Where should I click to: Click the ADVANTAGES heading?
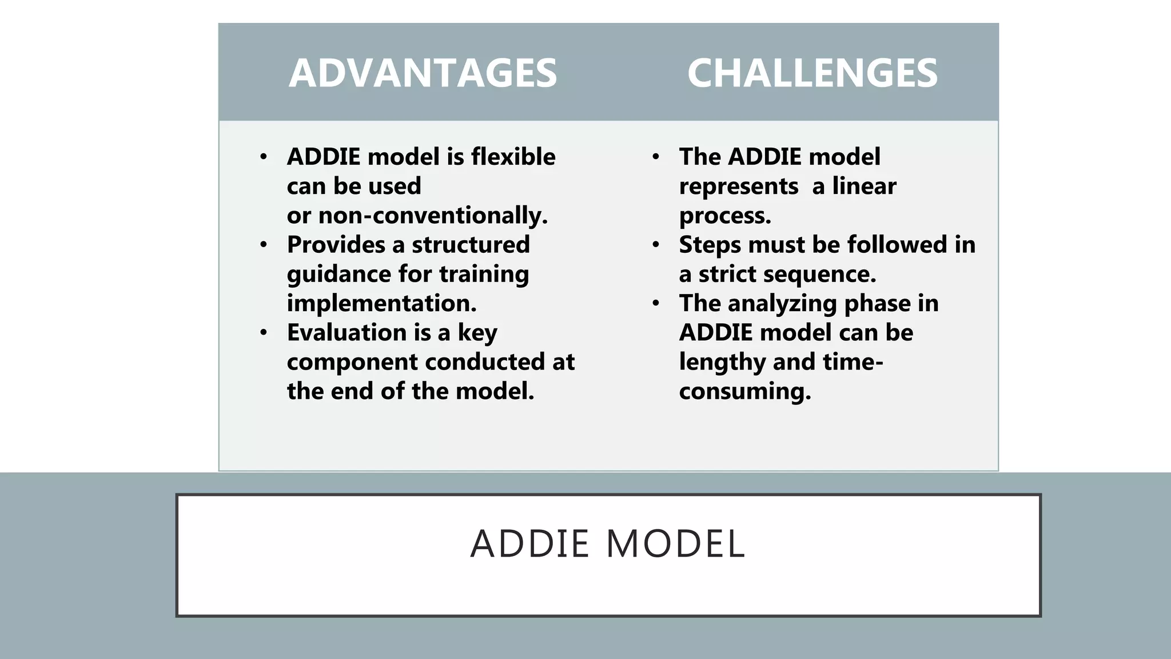(423, 73)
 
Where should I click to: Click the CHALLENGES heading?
(812, 73)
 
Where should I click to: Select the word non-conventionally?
(432, 216)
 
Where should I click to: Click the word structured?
(471, 245)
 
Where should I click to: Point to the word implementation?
(381, 303)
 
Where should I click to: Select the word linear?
(864, 186)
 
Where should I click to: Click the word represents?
(738, 186)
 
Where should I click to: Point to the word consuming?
(744, 391)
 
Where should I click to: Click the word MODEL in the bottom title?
(675, 543)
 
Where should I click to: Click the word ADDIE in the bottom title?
(529, 543)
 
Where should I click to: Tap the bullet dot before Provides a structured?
(263, 245)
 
